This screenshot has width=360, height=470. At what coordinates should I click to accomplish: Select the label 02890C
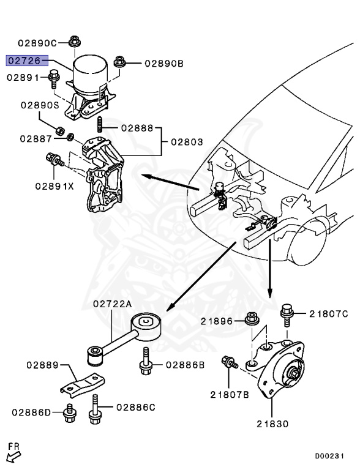tap(37, 43)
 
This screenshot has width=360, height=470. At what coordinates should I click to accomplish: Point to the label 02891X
tap(54, 185)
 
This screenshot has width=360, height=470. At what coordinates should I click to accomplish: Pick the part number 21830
tap(272, 423)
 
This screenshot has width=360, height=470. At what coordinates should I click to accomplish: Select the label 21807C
tap(328, 314)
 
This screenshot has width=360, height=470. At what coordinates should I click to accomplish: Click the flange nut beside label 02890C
tap(75, 42)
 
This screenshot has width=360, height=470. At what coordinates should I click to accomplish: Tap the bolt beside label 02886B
tap(146, 362)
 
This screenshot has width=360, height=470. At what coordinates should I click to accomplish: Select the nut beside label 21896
tap(250, 319)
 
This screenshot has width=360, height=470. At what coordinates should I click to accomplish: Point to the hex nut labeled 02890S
tap(61, 130)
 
